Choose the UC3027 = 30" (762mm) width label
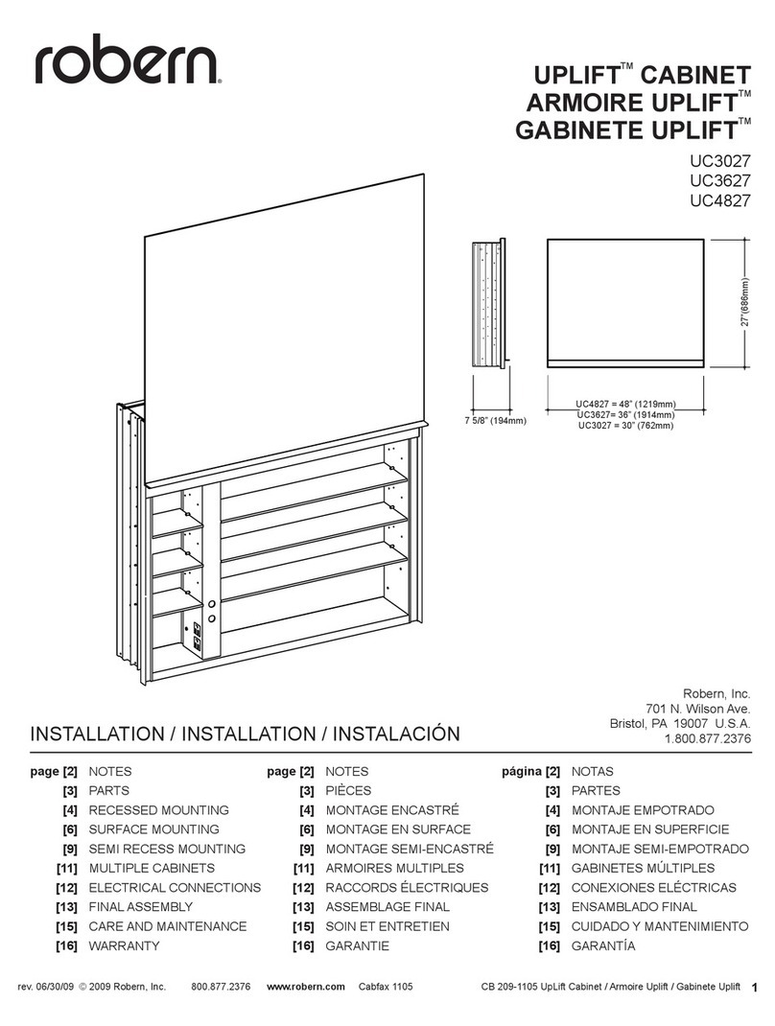tap(625, 426)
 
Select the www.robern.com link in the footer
tap(305, 987)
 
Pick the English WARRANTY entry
tap(124, 946)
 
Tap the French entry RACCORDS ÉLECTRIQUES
tap(407, 888)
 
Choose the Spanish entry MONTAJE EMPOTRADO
tap(643, 810)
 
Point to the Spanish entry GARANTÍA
tap(602, 946)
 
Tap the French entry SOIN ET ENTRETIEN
tap(394, 926)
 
